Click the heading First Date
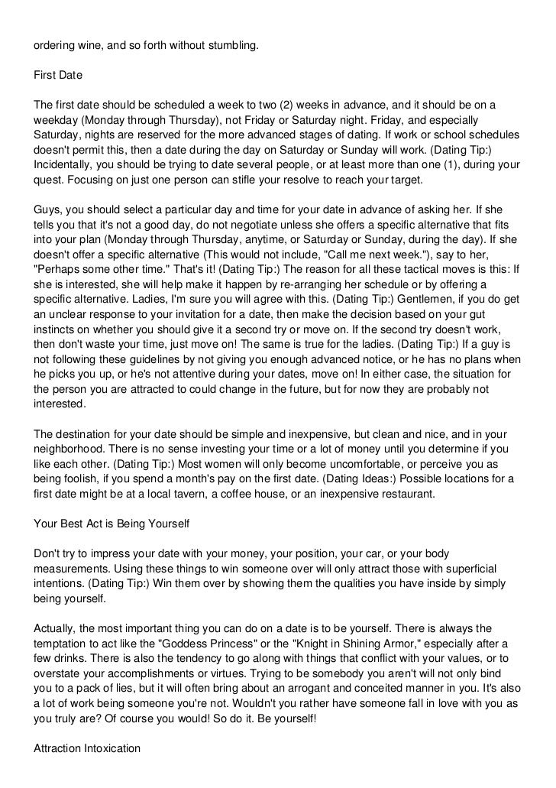pos(60,76)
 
